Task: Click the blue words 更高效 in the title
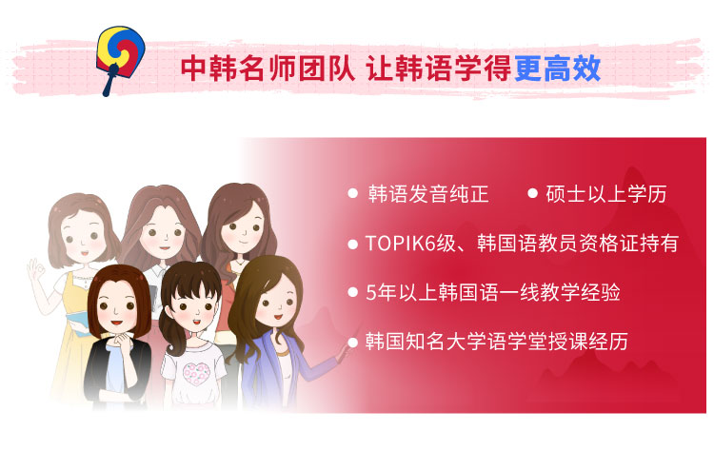(557, 69)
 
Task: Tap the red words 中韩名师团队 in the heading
(268, 69)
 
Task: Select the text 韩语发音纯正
(428, 194)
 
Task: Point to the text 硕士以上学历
(606, 194)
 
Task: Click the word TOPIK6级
(410, 244)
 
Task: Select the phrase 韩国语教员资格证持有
(578, 244)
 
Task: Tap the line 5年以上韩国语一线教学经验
(493, 292)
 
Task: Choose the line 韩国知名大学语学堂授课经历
(497, 342)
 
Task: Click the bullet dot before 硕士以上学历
(532, 193)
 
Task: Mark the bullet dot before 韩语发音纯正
(352, 193)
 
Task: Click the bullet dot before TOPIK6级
(352, 245)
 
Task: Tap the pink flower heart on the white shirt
(197, 374)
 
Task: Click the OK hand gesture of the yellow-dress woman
(36, 272)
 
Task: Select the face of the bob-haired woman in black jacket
(116, 307)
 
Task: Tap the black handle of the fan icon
(109, 81)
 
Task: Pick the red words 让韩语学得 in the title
(438, 69)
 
